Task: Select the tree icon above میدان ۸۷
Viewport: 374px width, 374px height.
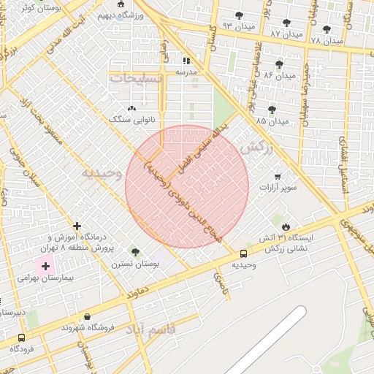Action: point(286,23)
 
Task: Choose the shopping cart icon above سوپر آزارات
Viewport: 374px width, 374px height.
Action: point(278,177)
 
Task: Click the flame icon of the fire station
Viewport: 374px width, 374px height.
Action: point(286,226)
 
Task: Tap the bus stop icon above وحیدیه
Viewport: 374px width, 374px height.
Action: point(243,253)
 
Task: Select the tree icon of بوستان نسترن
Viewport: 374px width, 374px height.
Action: point(135,251)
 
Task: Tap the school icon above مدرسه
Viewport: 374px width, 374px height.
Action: point(186,61)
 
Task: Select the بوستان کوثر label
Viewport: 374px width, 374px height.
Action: point(37,7)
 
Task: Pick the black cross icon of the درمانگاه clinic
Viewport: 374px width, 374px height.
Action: point(77,226)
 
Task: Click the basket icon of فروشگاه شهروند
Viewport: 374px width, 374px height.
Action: point(88,316)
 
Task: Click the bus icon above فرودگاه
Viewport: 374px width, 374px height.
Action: point(20,338)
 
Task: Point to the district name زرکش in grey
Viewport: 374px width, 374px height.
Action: point(256,147)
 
